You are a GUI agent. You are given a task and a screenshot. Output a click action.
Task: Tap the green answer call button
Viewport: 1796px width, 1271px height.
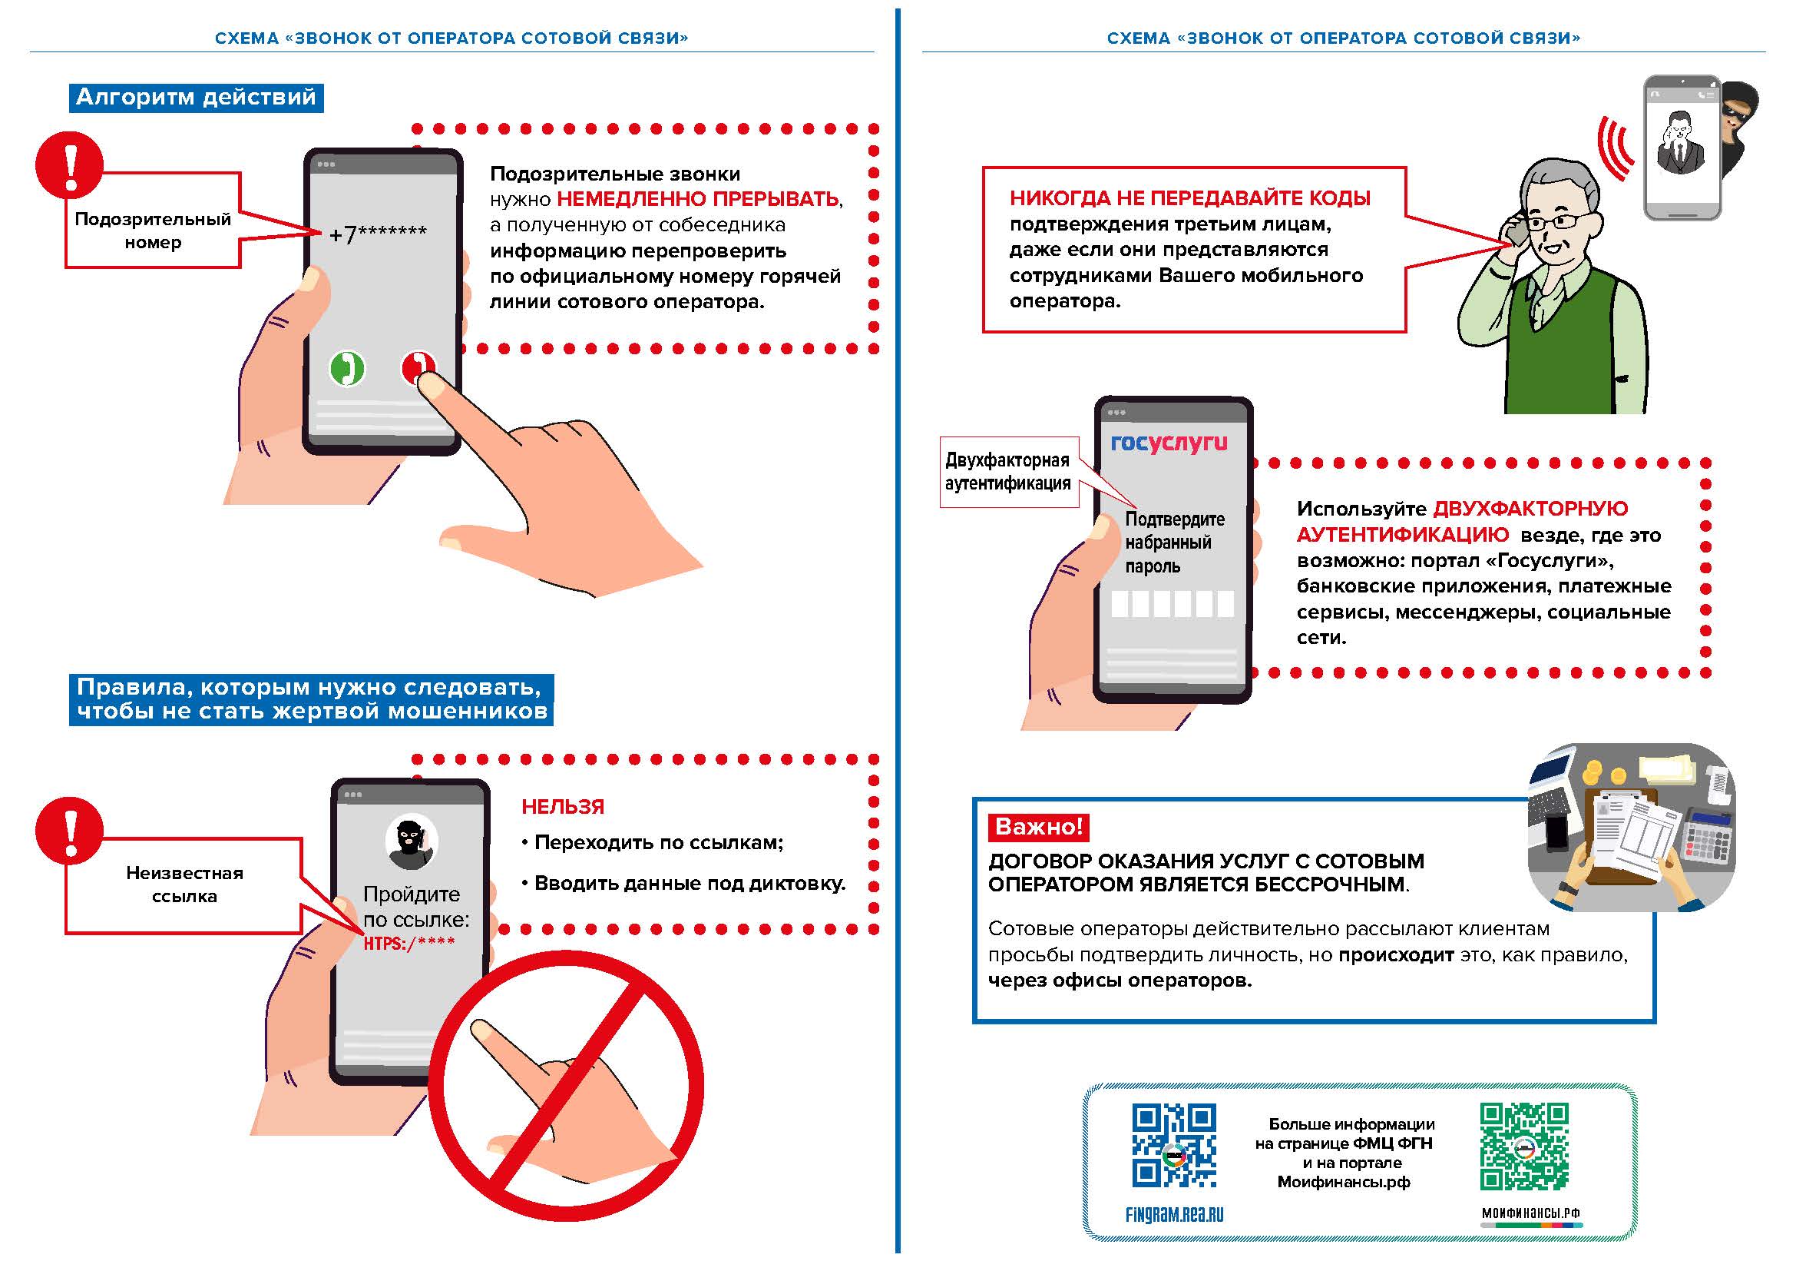tap(346, 368)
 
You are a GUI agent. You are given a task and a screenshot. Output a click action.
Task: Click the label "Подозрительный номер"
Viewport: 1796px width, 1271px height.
tap(153, 230)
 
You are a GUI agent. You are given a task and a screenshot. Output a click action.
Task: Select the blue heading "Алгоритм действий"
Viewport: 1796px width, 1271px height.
tap(196, 98)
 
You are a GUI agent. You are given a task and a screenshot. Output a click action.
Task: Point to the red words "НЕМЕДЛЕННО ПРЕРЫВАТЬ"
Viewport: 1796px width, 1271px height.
tap(698, 199)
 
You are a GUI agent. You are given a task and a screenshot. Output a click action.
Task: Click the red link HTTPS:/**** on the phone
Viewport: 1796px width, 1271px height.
tap(409, 943)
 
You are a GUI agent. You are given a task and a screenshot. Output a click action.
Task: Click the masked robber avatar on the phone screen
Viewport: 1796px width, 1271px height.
tap(411, 842)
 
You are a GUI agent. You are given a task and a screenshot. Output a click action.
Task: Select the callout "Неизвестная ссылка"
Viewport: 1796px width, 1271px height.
tap(184, 884)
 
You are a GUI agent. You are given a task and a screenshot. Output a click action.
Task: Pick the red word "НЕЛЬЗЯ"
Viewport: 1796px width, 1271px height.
tap(562, 807)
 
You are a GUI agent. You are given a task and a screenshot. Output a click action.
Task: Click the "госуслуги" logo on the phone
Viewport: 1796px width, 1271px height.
tap(1169, 443)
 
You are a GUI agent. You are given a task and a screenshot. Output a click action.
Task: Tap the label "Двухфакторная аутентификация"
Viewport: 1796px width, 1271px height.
tap(1007, 472)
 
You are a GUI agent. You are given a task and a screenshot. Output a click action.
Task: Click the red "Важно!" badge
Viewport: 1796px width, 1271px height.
tap(1039, 827)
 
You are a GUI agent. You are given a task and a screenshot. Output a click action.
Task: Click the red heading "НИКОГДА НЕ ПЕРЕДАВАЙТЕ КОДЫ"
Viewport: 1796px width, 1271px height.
tap(1189, 199)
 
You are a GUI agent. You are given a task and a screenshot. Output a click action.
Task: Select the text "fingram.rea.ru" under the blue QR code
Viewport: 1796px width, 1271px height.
tap(1173, 1214)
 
